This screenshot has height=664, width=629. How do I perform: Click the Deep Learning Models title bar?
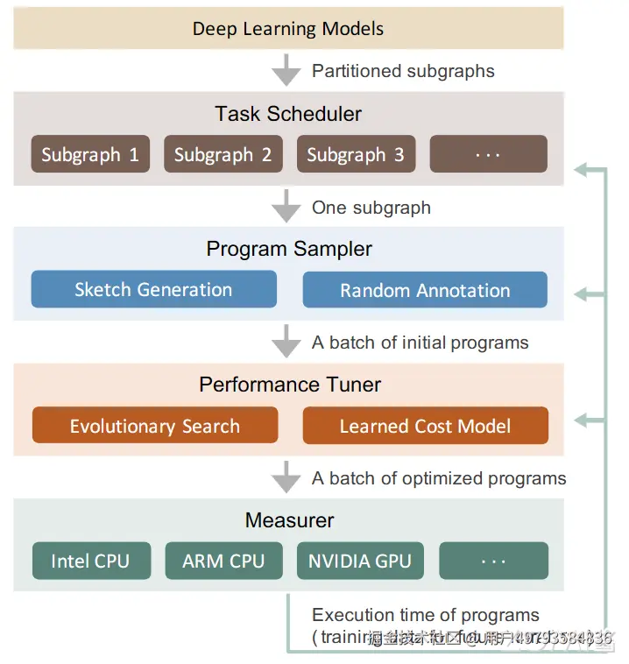tap(288, 28)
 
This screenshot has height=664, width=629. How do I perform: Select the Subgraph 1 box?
tap(90, 154)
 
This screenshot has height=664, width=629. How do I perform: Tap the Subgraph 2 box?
tap(223, 154)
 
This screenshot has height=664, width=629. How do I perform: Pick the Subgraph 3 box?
tap(356, 154)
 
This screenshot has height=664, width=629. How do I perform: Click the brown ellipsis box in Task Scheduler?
tap(488, 154)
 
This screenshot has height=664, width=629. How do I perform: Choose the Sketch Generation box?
tap(153, 289)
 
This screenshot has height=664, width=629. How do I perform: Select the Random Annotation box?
tap(425, 290)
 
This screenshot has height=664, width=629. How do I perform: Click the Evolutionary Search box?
tap(155, 426)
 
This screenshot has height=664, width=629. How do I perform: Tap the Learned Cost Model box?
tap(425, 426)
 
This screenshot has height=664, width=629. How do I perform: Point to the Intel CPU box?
tap(90, 561)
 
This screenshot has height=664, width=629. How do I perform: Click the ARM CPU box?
tap(223, 561)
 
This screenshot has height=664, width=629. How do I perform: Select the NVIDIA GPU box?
tap(359, 561)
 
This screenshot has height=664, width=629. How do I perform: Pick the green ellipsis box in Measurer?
tap(493, 561)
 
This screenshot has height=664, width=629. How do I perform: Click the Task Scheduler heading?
tap(288, 114)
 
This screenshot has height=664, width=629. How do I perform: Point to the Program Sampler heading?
tap(289, 249)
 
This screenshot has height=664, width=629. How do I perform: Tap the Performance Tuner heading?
tap(290, 385)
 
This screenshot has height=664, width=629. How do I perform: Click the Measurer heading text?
tap(289, 520)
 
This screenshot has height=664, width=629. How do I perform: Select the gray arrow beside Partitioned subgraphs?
tap(286, 69)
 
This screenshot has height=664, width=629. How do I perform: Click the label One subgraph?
tap(371, 208)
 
